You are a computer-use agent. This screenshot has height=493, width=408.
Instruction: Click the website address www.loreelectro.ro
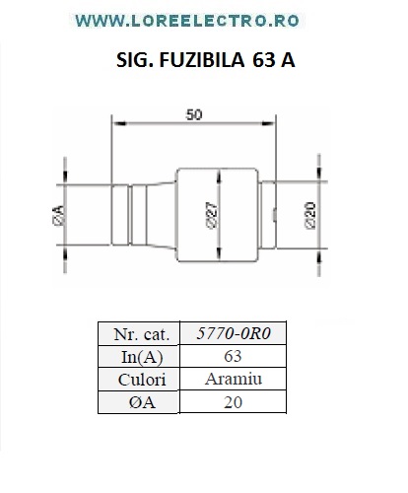point(187,21)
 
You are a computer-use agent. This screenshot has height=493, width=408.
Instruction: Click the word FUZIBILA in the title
point(202,60)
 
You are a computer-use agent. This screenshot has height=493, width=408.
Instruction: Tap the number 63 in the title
point(264,60)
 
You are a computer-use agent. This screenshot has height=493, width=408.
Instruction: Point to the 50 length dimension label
point(194,114)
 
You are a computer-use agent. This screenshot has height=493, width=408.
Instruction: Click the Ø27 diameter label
point(212,215)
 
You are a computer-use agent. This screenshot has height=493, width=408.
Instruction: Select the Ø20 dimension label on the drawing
point(310,216)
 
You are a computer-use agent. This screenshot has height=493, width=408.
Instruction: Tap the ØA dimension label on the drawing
point(58,215)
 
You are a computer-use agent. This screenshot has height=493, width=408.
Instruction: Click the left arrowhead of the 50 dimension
point(119,123)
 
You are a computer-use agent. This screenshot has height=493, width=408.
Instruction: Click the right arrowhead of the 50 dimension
point(268,123)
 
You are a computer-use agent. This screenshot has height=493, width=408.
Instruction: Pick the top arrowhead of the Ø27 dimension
point(220,176)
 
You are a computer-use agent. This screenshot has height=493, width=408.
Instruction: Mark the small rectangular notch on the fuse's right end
point(274,215)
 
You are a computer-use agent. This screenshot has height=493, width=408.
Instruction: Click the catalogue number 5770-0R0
point(234,333)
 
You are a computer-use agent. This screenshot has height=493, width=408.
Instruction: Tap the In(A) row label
point(142,357)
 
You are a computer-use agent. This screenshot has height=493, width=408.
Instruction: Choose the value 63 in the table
point(233,356)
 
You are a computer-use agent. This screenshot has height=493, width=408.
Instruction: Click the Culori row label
point(142,380)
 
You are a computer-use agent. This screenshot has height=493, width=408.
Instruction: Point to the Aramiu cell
point(234,379)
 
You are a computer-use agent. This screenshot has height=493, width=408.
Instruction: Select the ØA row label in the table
point(142,402)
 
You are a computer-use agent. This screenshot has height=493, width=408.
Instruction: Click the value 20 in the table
point(233,402)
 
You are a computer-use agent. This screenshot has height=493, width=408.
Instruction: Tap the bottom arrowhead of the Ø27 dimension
point(220,254)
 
